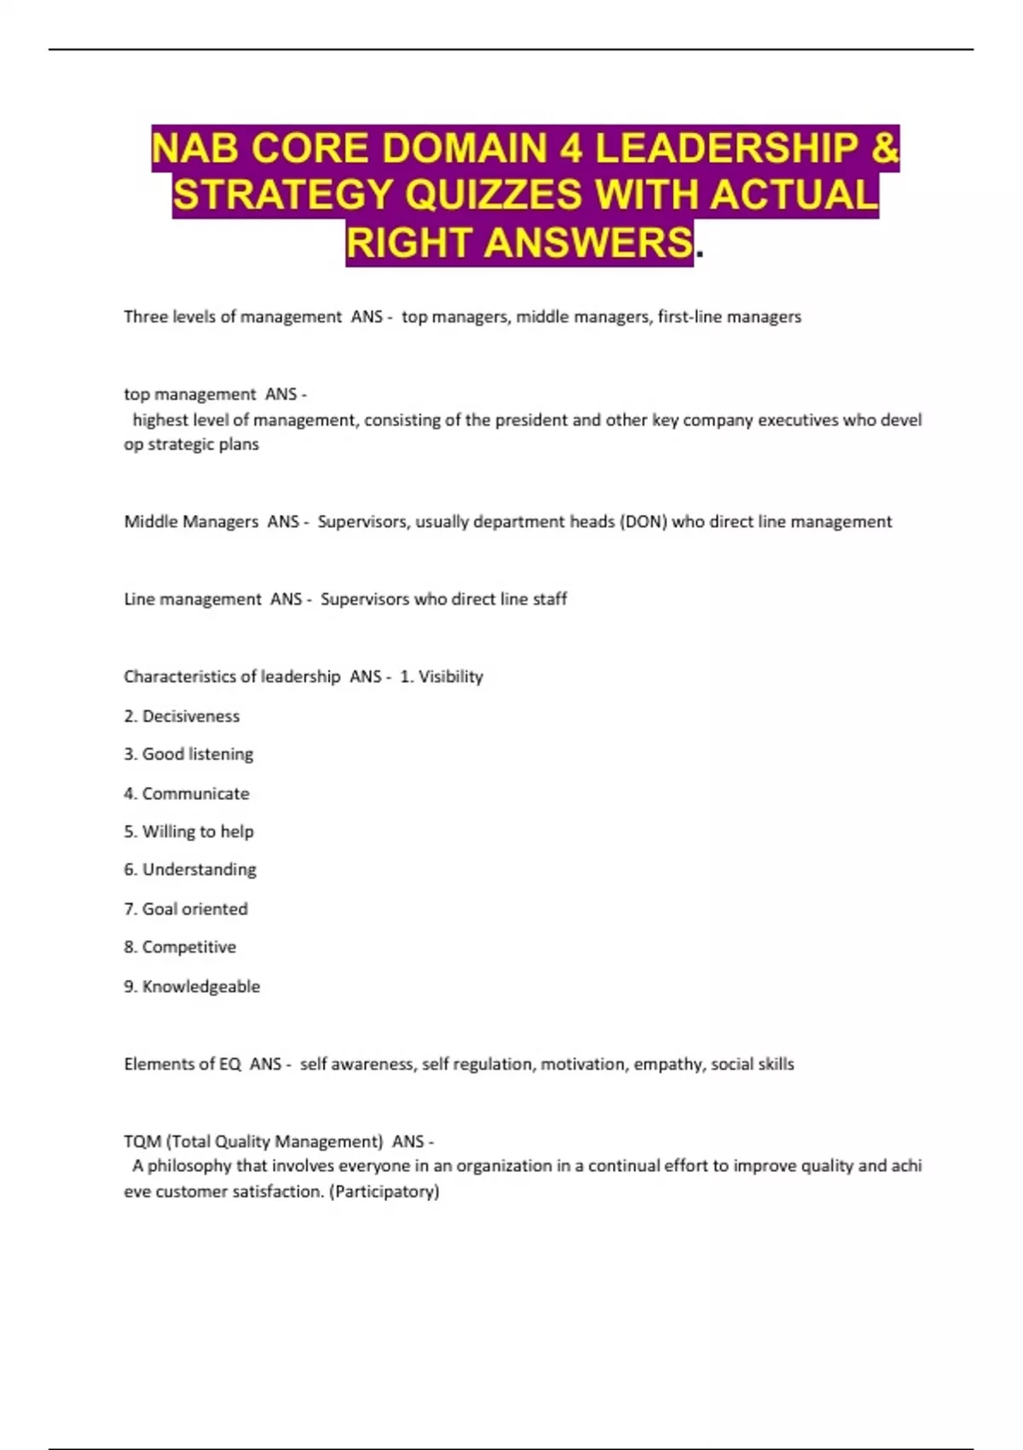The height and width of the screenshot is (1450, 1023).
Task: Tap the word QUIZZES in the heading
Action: (494, 195)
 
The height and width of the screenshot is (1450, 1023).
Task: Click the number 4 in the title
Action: (571, 148)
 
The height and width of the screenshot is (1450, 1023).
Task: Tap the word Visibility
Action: (450, 676)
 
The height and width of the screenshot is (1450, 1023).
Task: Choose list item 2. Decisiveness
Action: (182, 716)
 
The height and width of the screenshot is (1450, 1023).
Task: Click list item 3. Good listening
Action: (188, 754)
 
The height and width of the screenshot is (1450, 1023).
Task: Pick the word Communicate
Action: (195, 793)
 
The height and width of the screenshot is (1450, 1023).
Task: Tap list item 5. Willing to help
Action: (188, 832)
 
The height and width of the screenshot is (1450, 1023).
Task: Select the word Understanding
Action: (199, 870)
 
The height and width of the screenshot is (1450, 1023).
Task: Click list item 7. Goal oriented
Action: (186, 909)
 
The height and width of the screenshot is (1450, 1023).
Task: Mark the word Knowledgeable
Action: (200, 987)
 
